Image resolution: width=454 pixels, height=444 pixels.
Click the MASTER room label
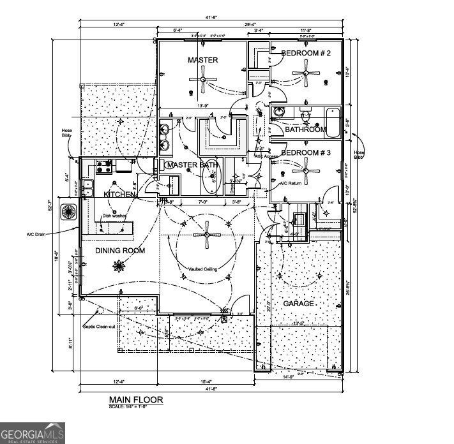[202, 60]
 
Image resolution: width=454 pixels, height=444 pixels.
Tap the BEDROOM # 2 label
[306, 54]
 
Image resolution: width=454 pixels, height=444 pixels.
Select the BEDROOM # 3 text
[306, 153]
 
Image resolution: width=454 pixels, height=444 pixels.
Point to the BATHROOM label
[305, 129]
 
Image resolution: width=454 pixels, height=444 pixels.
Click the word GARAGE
[298, 304]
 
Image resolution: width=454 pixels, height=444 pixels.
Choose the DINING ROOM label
[120, 251]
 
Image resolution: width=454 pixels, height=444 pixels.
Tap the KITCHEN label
[120, 194]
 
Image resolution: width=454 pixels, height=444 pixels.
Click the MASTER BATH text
[192, 165]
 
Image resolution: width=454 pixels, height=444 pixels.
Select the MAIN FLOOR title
[135, 400]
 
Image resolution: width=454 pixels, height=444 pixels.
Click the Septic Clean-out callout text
[100, 327]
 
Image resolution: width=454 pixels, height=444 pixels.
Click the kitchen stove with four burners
[105, 167]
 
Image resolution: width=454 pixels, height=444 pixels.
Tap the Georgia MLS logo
[32, 433]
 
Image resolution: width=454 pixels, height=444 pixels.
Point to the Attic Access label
[267, 156]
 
